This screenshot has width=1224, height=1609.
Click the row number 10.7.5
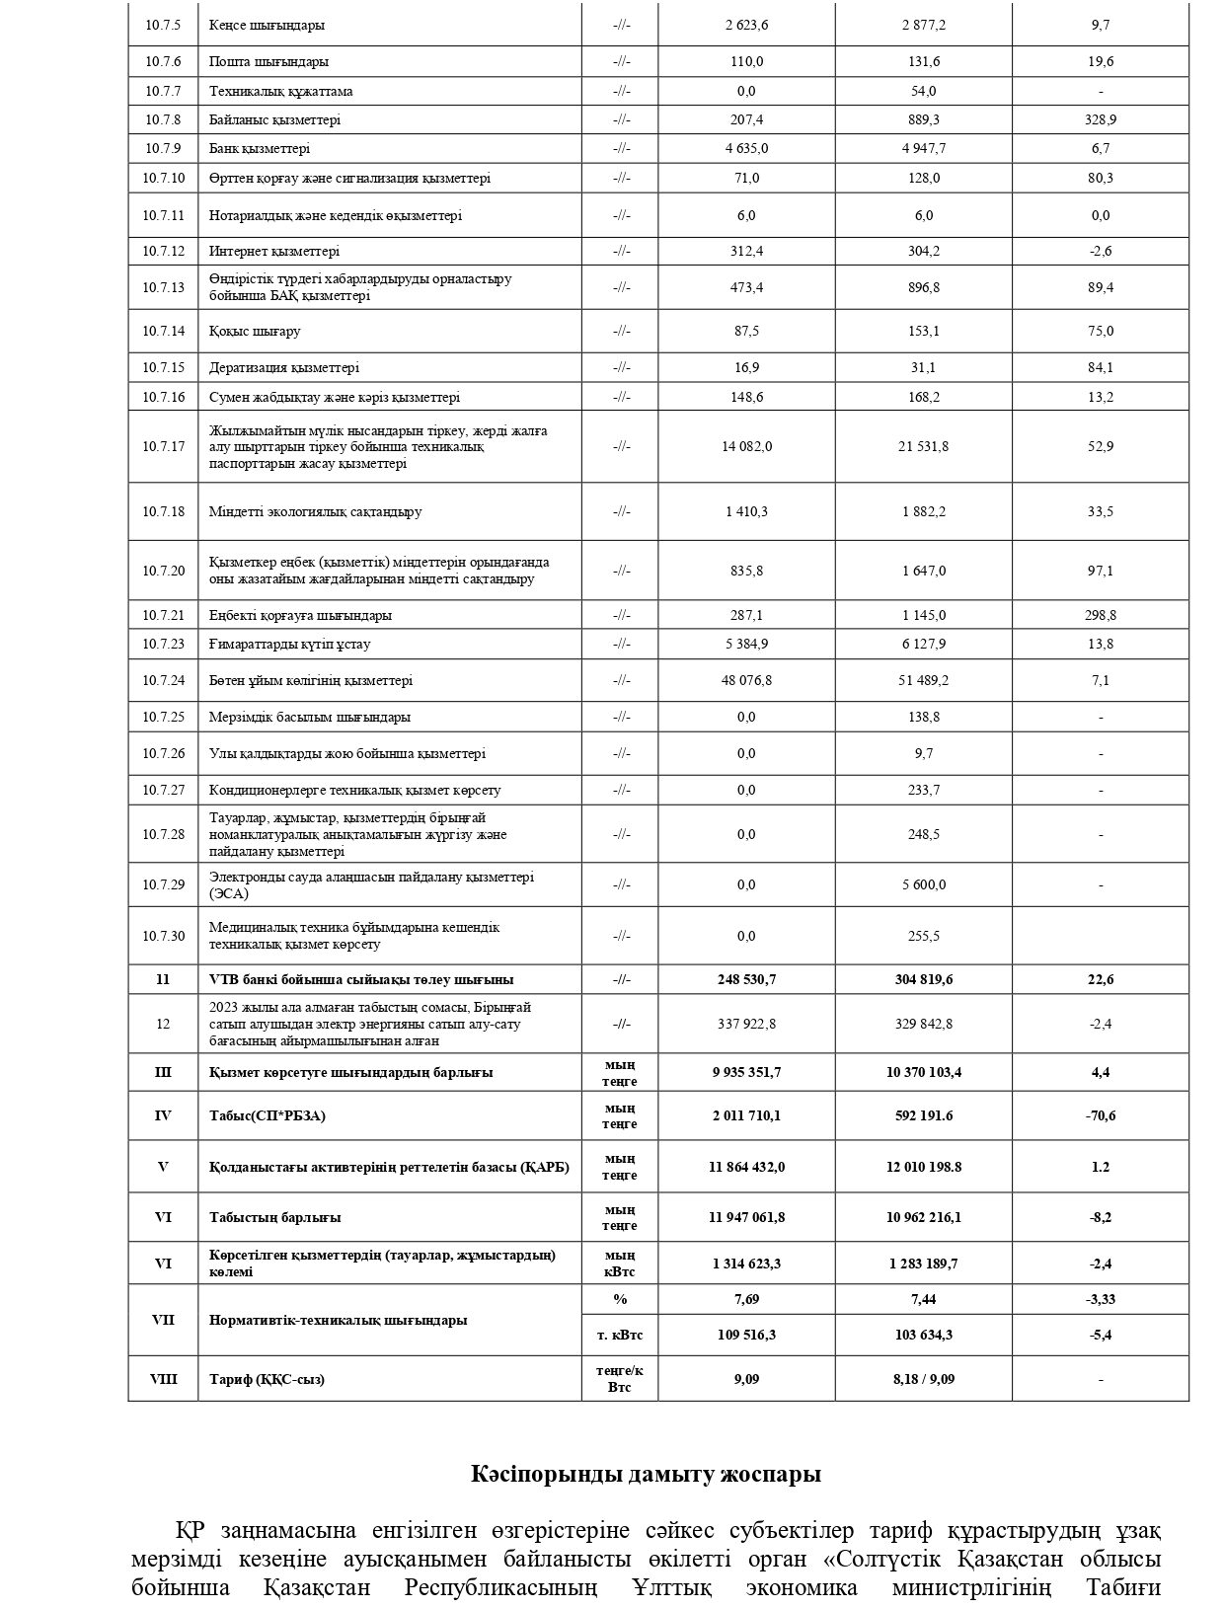coord(163,25)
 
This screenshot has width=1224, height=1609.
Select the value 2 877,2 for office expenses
coord(923,25)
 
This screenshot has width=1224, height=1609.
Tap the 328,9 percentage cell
coord(1101,119)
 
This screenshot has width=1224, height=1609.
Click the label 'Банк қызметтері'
coord(260,148)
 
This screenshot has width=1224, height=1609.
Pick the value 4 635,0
coord(746,148)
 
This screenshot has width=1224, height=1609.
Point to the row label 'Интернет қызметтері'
coord(274,251)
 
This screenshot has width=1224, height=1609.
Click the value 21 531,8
coord(923,446)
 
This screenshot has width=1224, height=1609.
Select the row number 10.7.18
coord(163,511)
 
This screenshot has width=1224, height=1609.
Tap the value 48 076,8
coord(746,680)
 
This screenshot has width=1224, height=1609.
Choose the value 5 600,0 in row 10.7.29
coord(923,884)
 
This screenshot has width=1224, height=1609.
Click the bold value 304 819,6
coord(923,979)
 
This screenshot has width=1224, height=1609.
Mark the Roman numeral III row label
coord(163,1072)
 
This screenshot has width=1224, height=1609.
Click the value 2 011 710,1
coord(746,1115)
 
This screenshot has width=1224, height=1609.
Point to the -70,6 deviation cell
coord(1101,1115)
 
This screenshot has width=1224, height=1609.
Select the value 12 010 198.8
coord(923,1167)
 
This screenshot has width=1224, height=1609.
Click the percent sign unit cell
coord(620,1299)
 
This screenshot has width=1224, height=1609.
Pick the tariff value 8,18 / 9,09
coord(923,1379)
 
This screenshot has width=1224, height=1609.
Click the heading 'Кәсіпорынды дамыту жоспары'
coord(646,1475)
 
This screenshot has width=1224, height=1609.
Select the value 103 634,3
coord(923,1335)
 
